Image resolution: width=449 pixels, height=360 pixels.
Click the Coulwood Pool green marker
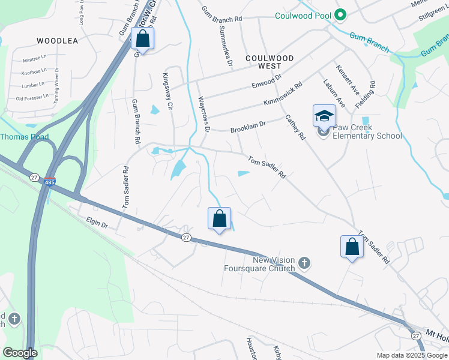(340, 15)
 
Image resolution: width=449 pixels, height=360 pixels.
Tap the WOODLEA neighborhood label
(58, 41)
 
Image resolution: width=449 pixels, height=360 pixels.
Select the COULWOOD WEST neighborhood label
(271, 62)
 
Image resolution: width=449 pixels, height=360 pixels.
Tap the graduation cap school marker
(324, 116)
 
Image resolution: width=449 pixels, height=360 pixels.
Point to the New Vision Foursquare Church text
(274, 264)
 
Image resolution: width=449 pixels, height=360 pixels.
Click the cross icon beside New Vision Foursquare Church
(304, 262)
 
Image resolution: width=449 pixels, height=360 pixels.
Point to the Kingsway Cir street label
(169, 91)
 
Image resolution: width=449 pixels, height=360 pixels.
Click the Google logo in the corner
(20, 353)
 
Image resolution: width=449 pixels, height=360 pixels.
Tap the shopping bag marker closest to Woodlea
(143, 39)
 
